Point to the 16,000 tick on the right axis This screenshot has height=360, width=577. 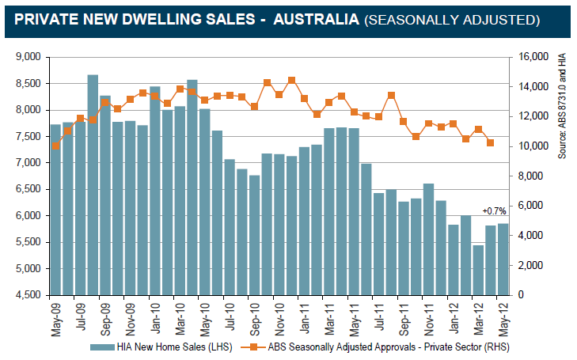point(530,57)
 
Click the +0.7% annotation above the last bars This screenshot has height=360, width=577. point(493,210)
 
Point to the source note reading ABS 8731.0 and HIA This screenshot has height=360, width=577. point(563,107)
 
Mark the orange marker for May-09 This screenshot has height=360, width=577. point(55,146)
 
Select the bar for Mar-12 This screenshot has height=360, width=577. point(478,269)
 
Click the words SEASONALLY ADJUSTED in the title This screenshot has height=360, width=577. point(452,18)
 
